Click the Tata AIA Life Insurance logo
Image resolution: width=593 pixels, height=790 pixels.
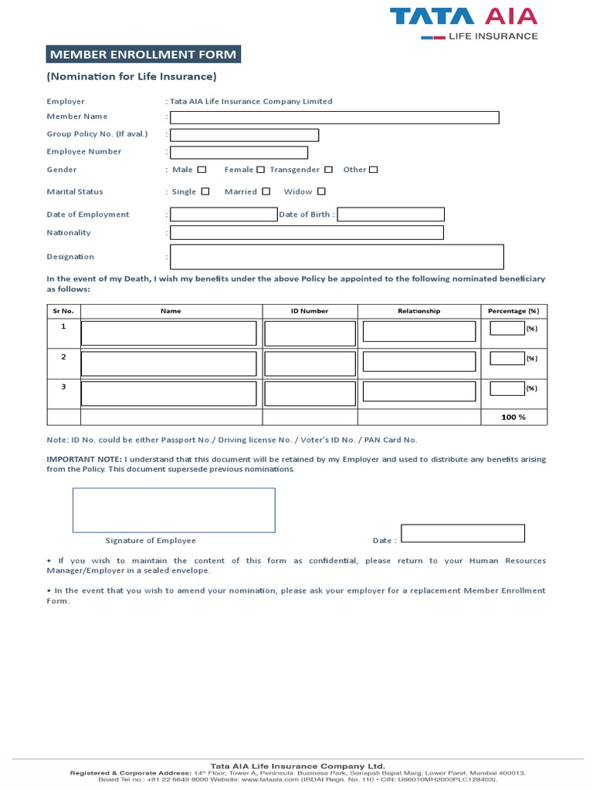(463, 23)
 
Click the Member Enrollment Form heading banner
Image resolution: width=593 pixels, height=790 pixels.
(142, 54)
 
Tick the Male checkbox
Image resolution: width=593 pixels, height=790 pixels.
(202, 170)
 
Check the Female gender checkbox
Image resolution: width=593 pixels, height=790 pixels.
(260, 170)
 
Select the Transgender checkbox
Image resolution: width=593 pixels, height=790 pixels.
(328, 170)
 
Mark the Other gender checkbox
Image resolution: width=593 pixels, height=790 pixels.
(374, 170)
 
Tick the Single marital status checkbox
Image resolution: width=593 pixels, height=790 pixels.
(205, 191)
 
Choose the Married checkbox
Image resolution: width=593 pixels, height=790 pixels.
(266, 191)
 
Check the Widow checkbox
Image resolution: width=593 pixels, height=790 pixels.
(321, 191)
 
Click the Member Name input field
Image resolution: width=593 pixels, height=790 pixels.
(334, 117)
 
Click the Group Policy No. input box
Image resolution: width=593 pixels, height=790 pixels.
(244, 135)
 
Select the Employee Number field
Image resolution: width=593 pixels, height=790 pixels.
(239, 153)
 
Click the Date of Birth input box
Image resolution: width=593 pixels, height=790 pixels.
(391, 214)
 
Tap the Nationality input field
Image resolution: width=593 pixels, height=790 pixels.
(307, 232)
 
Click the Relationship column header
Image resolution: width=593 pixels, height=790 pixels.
(418, 311)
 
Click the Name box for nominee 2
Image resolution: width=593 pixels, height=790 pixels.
(168, 363)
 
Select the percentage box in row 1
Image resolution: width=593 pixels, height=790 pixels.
(507, 329)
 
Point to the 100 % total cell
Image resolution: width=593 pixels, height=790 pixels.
(513, 417)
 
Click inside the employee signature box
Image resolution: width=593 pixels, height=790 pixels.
(174, 510)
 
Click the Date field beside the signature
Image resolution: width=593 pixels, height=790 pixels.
(463, 533)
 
